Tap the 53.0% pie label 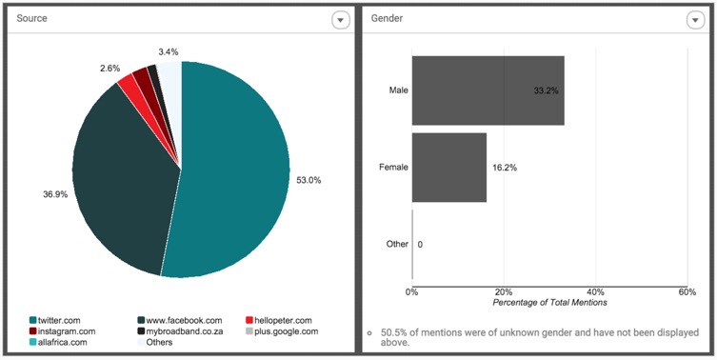click(309, 180)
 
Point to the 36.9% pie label click(55, 194)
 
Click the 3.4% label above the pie click(169, 51)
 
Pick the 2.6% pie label click(110, 69)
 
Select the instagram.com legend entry click(62, 331)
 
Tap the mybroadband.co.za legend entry click(180, 331)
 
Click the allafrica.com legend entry click(58, 342)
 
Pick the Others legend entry click(154, 342)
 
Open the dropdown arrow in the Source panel click(340, 20)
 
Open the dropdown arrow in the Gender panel click(695, 20)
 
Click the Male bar click(488, 90)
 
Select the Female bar click(449, 168)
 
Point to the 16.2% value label click(505, 168)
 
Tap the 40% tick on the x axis click(596, 291)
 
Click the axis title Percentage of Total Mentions click(549, 302)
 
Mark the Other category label click(397, 244)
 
